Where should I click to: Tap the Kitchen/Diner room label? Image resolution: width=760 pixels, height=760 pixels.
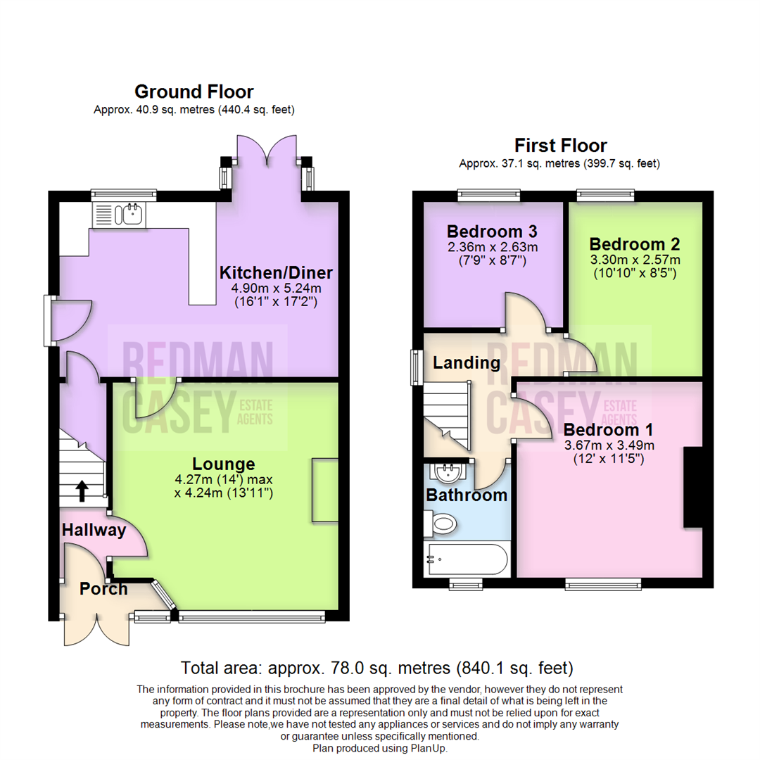tap(276, 272)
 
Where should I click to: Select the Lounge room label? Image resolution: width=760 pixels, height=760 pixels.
tap(224, 464)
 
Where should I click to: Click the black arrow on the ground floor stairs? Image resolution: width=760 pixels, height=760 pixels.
tap(82, 490)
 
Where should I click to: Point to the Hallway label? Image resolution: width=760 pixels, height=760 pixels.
tap(93, 530)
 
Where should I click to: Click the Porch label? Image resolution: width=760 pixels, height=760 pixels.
tap(103, 588)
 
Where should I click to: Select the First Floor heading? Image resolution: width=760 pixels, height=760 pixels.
tap(560, 146)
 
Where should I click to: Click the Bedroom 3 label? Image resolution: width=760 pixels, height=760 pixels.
tap(492, 231)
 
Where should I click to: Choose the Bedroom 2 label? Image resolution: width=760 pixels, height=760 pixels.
tap(635, 244)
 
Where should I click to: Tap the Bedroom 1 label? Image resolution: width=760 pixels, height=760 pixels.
tap(609, 429)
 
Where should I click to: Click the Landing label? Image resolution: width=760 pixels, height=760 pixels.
tap(467, 363)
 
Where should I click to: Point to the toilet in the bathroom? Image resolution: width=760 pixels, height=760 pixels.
tap(443, 523)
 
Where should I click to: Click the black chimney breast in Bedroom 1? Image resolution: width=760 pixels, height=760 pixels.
tap(693, 486)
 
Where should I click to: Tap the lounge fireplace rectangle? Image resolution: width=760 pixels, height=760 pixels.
tap(324, 490)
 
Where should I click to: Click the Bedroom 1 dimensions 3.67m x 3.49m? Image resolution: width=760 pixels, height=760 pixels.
tap(609, 445)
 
